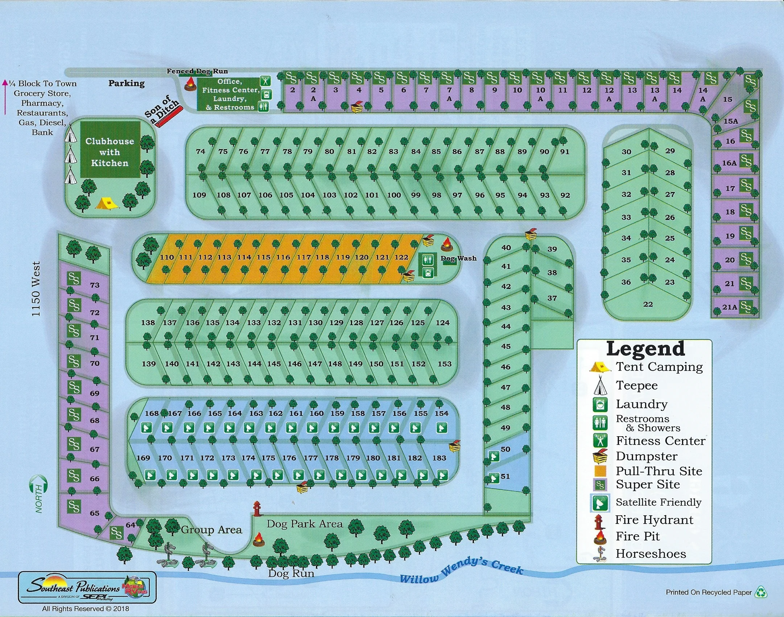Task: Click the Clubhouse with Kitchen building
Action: point(110,150)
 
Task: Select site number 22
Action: point(648,305)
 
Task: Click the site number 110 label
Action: point(167,257)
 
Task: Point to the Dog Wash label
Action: point(458,258)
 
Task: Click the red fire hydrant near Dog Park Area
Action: point(257,508)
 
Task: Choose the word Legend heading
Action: point(645,349)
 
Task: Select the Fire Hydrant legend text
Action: point(654,520)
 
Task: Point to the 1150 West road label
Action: point(36,289)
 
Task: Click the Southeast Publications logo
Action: point(87,587)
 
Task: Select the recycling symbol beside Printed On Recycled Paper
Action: point(761,592)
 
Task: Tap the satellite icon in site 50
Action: point(494,456)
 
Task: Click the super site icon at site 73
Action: point(74,279)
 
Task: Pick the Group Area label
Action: point(211,530)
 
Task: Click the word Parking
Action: point(126,83)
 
